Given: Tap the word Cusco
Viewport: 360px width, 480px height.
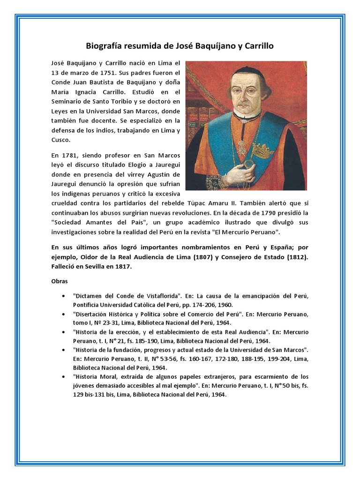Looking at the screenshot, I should (x=62, y=140).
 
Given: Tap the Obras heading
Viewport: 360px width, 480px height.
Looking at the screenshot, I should (x=59, y=282).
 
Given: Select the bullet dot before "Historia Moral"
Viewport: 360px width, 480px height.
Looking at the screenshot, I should (x=63, y=377).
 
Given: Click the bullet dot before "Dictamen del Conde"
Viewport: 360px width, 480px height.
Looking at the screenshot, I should (x=63, y=296).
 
